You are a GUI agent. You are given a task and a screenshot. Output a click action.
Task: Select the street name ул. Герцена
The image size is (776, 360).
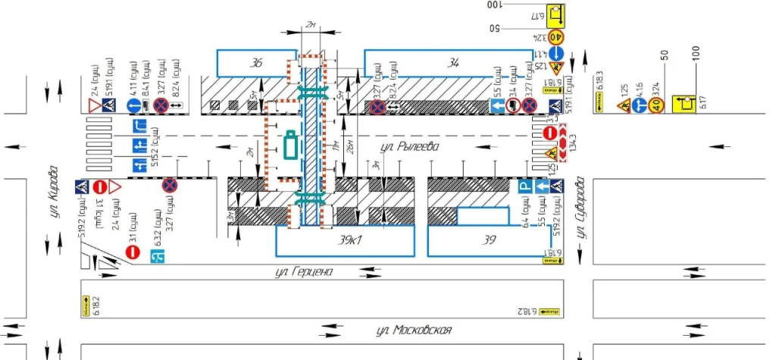coord(306,271)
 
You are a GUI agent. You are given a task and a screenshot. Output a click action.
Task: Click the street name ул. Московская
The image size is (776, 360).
coord(415,330)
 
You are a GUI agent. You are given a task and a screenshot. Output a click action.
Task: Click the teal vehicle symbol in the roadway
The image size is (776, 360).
coord(289,144)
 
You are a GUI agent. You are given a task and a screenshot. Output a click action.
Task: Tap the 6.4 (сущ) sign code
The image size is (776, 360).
coord(524,214)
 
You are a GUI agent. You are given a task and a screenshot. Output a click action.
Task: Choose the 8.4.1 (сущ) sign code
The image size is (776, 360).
coord(144,76)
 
